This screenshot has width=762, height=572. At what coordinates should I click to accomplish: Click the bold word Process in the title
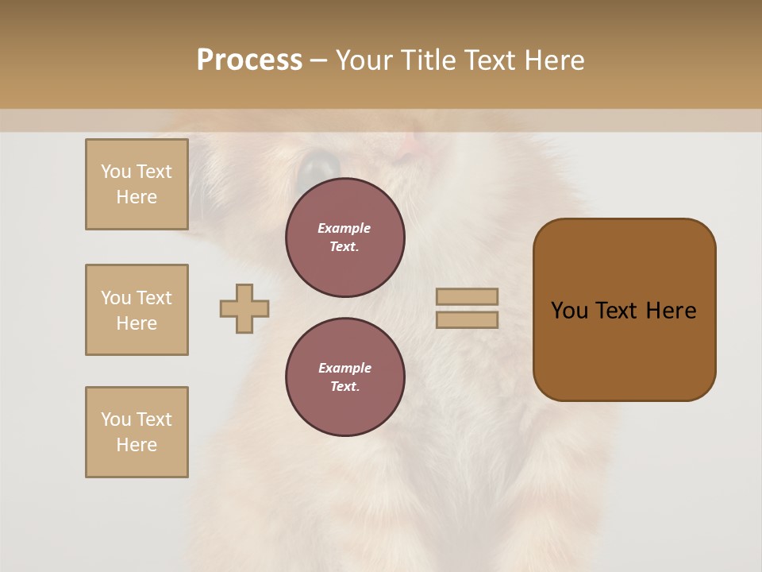249,60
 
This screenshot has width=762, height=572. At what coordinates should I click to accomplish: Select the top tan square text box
137,184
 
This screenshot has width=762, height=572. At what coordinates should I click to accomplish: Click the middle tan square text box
137,310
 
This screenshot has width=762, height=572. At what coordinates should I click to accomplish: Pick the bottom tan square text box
137,432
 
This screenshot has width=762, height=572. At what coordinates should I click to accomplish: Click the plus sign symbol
244,308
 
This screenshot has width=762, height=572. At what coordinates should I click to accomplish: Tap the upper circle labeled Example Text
344,238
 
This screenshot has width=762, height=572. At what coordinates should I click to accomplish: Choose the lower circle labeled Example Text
344,377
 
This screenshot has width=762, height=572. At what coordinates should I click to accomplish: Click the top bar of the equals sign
467,296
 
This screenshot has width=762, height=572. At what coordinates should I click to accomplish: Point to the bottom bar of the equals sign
467,320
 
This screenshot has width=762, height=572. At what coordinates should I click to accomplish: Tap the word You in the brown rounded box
569,311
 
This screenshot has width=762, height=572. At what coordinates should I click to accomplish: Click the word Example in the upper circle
344,229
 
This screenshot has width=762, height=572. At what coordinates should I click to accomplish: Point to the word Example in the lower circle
344,369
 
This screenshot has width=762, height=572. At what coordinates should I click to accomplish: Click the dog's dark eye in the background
320,165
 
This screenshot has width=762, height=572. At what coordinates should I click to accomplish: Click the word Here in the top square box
137,197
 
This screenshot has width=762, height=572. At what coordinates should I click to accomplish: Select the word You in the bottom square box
116,419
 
